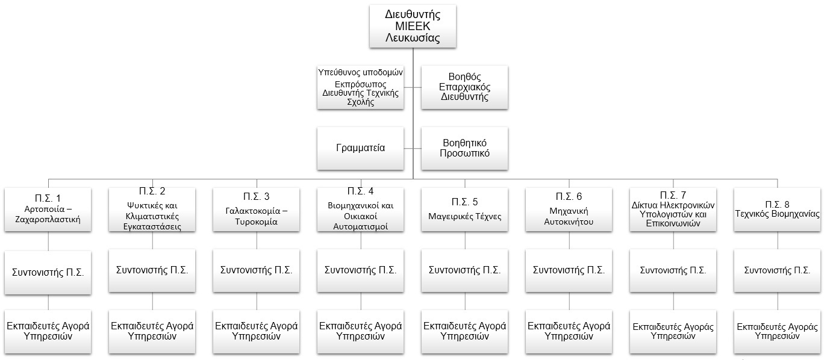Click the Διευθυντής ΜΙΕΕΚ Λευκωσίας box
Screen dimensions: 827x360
pos(413,26)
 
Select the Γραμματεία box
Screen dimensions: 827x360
pos(360,148)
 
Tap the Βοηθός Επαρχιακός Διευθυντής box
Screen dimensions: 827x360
pos(464,87)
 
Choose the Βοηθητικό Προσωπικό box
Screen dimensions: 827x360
pos(464,148)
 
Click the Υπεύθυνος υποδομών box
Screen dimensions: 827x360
pos(360,87)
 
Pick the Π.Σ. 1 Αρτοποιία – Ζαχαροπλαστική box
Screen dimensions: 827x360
pos(48,209)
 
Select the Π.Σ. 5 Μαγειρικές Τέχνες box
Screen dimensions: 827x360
pos(464,209)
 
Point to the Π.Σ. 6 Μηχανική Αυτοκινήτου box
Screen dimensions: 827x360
pos(569,209)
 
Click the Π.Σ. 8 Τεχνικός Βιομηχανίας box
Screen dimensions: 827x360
pos(777,209)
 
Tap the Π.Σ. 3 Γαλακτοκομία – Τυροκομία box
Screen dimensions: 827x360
pos(256,209)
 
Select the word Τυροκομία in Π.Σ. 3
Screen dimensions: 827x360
pos(256,222)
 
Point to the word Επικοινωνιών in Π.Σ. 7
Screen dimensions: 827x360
pos(673,223)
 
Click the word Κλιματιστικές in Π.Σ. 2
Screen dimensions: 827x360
pos(152,216)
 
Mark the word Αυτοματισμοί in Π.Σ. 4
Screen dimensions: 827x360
pos(360,227)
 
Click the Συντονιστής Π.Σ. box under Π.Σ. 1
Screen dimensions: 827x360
pos(48,273)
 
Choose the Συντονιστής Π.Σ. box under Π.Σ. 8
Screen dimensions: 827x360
pos(777,271)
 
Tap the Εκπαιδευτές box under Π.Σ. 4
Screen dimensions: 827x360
pos(360,332)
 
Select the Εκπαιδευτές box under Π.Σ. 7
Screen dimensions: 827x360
pos(673,332)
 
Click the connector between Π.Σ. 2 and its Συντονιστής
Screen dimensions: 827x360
pos(152,240)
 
